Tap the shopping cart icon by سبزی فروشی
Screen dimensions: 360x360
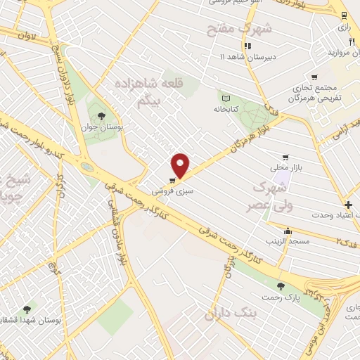172,181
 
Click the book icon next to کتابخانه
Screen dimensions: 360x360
226,99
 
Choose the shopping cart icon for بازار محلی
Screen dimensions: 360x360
285,157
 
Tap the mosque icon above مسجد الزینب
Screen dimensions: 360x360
287,231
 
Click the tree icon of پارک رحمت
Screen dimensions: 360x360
281,286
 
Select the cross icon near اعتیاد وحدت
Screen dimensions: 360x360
348,204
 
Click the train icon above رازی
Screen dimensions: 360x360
343,15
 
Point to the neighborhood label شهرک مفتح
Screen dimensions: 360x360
229,29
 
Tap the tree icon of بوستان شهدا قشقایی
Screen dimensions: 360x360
27,308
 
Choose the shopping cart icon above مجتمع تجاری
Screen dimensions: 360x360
314,77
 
